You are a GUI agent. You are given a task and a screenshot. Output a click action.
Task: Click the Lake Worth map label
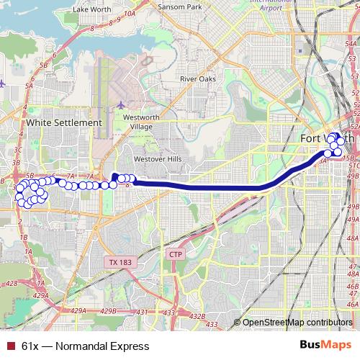[x=90, y=10]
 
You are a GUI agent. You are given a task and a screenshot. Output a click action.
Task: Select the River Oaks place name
[x=197, y=78]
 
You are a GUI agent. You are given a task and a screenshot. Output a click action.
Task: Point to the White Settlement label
[x=63, y=123]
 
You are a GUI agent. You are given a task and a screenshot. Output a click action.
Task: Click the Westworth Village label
[x=138, y=122]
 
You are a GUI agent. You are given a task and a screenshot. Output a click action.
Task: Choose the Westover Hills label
[x=154, y=159]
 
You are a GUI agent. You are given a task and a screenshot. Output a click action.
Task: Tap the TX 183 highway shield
[x=113, y=261]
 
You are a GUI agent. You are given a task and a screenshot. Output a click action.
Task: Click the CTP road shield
[x=175, y=255]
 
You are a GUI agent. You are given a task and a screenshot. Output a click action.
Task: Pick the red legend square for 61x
[x=9, y=346]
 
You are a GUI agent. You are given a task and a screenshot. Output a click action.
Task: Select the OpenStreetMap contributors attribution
[x=297, y=323]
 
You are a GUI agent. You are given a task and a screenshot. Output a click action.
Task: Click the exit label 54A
[x=351, y=44]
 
